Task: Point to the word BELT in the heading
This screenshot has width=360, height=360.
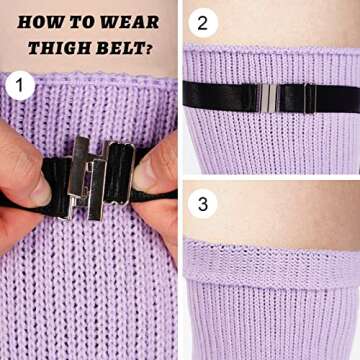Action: pos(122,46)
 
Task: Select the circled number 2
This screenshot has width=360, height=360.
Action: pos(203,22)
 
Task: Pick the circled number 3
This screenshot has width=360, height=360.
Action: pos(203,205)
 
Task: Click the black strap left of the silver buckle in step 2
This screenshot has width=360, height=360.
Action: pos(215,96)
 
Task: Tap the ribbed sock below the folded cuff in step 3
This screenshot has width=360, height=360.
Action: pos(270,315)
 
